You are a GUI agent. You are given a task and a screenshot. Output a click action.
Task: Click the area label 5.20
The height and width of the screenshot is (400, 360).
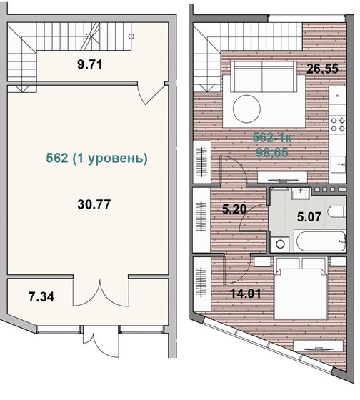click(233, 210)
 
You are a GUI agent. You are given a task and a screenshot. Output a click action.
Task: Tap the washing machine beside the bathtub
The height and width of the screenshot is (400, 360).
click(279, 243)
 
